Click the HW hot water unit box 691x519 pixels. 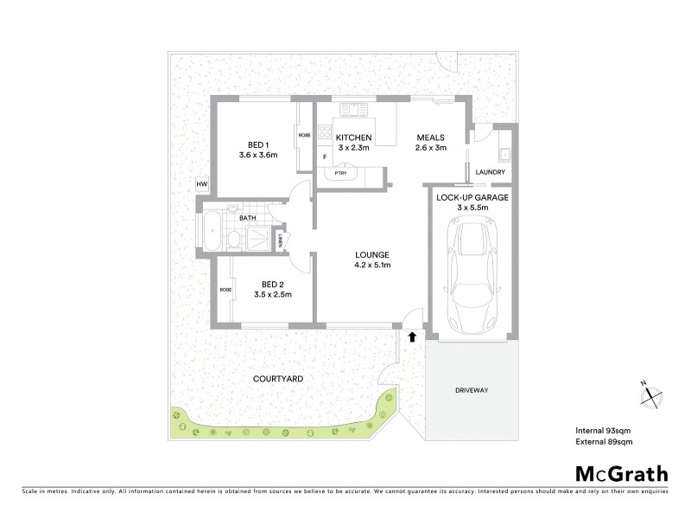point(202,185)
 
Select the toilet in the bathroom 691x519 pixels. point(233,239)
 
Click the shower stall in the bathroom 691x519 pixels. point(257,237)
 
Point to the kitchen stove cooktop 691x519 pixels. point(326,133)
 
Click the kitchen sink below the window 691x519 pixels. point(353,110)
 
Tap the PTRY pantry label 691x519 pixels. point(341,173)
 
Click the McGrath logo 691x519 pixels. point(622,473)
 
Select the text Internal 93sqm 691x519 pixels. point(604,430)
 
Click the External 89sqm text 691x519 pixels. point(605,442)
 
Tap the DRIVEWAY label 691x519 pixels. point(472,391)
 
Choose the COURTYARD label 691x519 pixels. point(277,379)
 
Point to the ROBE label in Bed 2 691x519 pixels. point(225,290)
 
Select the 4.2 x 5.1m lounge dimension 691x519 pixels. point(373,265)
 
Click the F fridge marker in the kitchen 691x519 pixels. point(325,157)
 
